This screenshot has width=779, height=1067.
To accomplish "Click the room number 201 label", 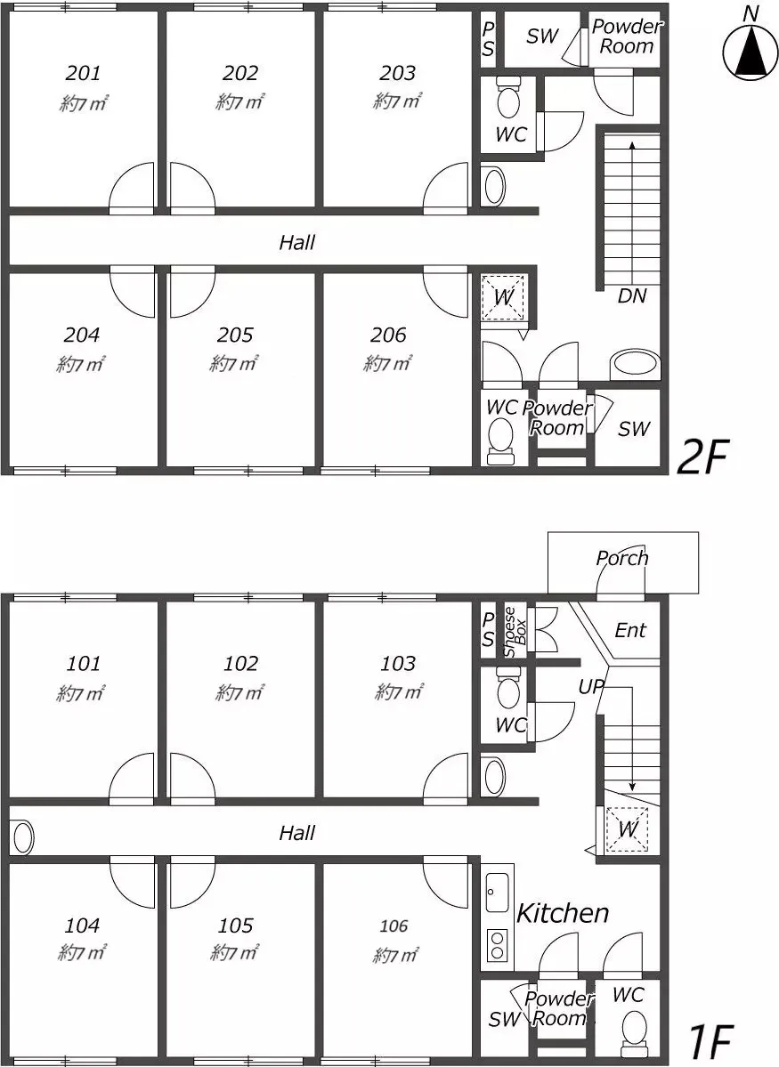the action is pos(84,72).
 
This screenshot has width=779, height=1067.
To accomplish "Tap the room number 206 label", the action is pos(389,334).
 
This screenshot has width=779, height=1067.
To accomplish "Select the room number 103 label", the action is pos(398,663).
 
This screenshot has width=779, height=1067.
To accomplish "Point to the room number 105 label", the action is pos(236,925).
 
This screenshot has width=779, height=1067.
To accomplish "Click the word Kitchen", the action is pos(563,913).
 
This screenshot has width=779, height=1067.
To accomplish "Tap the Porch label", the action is pos(621,558).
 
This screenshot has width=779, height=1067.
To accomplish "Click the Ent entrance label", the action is pos(629,630).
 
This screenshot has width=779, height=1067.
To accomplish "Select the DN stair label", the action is pos(632,296).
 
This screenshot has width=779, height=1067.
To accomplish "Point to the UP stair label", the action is pos(591,687).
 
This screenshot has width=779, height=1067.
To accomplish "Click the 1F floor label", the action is pos(710,1040).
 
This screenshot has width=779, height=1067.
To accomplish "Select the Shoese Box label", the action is pos(515,632).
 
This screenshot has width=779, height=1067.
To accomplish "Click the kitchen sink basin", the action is pos(497,892).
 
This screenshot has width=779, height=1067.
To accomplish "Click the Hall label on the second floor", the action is pos(296,242).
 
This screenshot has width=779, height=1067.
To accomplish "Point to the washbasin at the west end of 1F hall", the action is pos(22,837).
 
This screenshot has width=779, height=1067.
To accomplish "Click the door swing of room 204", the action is pos(132,294).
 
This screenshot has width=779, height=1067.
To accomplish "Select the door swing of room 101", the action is pos(132,776).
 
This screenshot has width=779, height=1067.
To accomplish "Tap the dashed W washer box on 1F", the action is pos(627,829).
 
